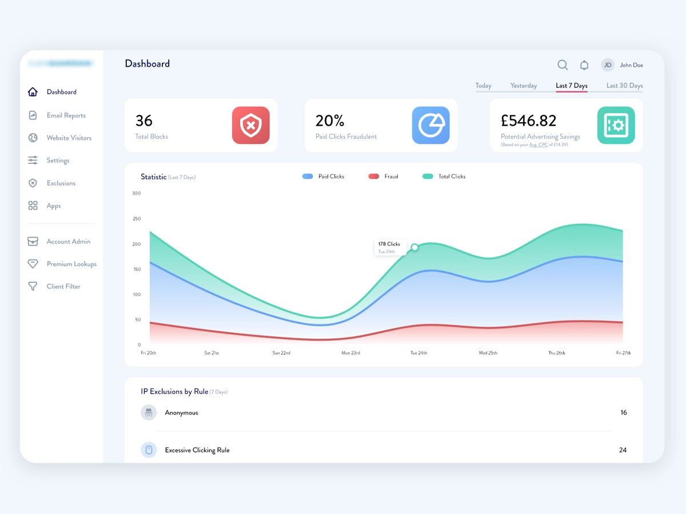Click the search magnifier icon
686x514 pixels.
point(563,65)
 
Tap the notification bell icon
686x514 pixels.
point(584,65)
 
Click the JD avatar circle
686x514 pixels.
point(608,65)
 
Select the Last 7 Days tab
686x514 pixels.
point(572,86)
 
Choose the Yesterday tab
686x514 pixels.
point(524,86)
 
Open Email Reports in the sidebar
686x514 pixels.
point(66,115)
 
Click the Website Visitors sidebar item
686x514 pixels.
point(69,138)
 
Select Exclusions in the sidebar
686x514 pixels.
point(61,183)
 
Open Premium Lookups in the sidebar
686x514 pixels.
point(71,264)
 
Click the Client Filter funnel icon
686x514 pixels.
point(33,287)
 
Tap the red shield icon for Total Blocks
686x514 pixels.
point(250,125)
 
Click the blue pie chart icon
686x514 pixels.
point(430,125)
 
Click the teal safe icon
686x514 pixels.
point(616,125)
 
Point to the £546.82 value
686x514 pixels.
point(528,121)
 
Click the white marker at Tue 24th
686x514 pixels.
point(414,247)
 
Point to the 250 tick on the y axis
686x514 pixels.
point(136,219)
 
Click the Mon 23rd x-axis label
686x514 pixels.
point(350,353)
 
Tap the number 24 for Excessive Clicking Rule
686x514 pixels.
point(623,450)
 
